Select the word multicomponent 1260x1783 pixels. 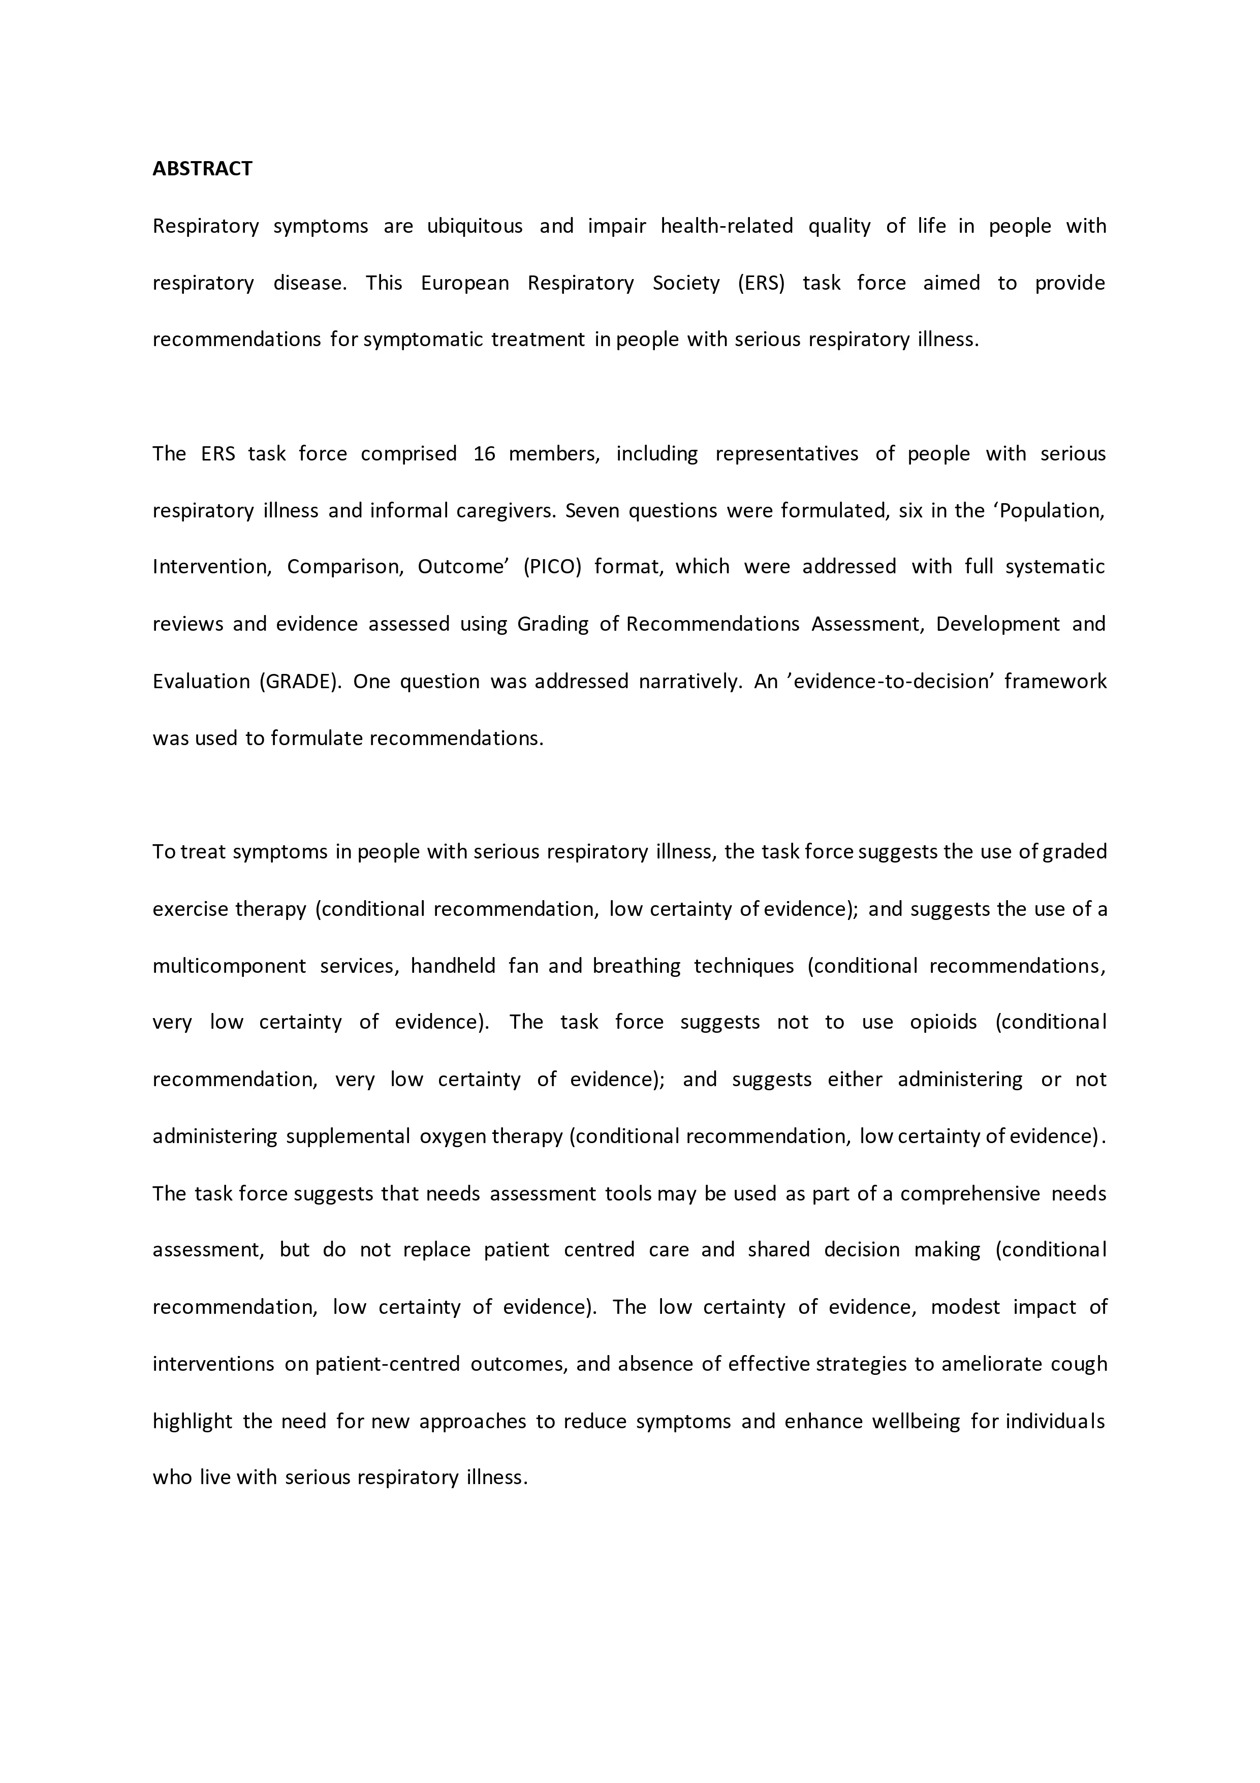(x=229, y=966)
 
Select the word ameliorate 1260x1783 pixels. (x=988, y=1364)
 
